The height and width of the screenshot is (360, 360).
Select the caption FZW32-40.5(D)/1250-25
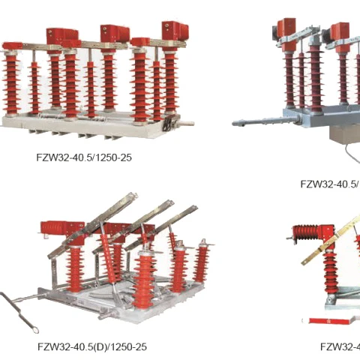pyautogui.click(x=92, y=346)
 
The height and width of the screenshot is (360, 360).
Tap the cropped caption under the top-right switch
pyautogui.click(x=329, y=184)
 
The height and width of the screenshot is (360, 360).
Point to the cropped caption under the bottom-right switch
pyautogui.click(x=339, y=346)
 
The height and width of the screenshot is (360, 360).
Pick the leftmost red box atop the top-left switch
pyautogui.click(x=61, y=35)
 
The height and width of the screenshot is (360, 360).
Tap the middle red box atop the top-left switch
pyautogui.click(x=115, y=33)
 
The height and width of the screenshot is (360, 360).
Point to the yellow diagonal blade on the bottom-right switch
pyautogui.click(x=330, y=240)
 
